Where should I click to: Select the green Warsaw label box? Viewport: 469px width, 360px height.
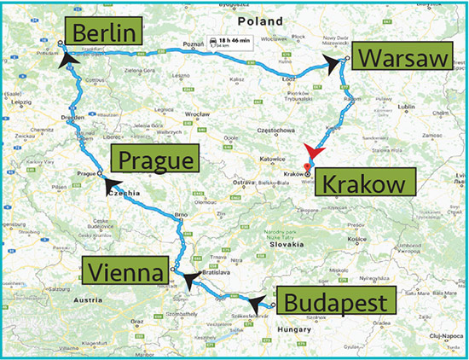[x=398, y=58]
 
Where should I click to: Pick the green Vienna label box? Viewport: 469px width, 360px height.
[x=124, y=272]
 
